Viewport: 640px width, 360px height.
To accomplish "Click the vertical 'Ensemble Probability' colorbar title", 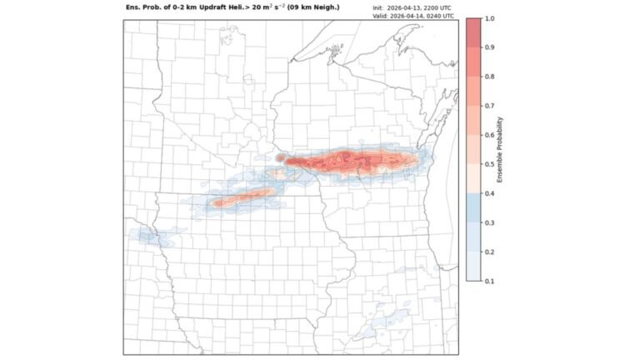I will point(511,150).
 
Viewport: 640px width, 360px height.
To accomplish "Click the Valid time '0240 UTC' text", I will point(437,16).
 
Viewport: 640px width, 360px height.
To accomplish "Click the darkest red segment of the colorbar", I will point(472,32).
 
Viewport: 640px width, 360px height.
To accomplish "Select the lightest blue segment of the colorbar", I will point(472,267).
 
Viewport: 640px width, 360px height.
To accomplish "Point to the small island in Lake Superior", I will point(334,51).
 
